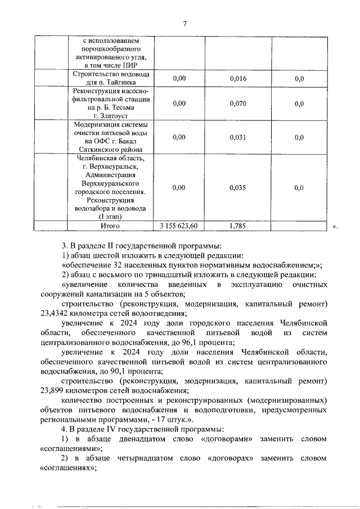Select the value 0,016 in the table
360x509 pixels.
(238, 79)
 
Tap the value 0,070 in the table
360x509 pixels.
(238, 103)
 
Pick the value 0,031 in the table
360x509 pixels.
(238, 137)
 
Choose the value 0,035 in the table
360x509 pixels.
(238, 188)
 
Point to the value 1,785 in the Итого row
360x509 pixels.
(238, 226)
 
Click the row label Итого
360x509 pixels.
(110, 226)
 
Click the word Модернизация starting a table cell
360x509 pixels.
(99, 124)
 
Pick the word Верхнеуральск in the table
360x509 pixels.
(114, 166)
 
